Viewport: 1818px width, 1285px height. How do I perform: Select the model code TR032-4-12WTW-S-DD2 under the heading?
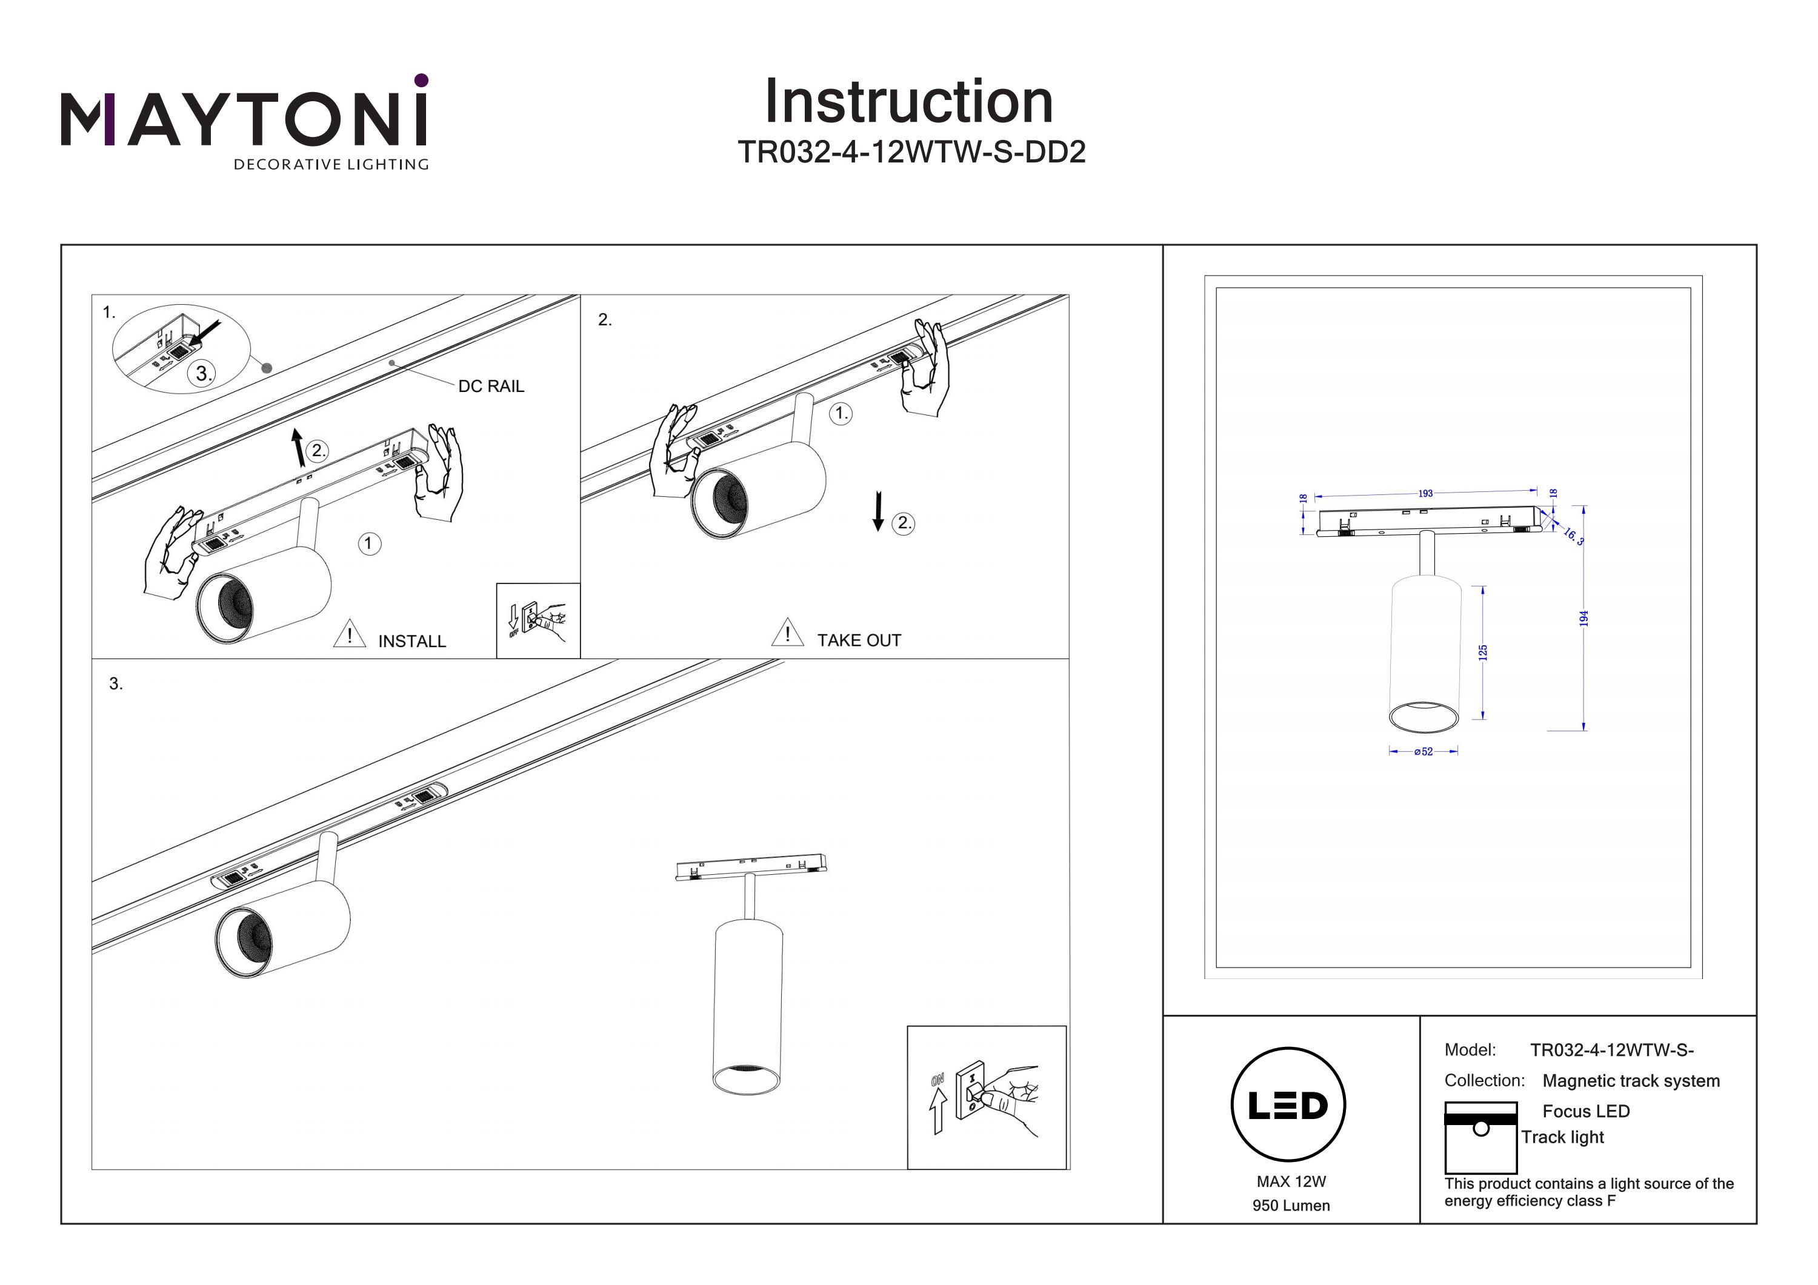[911, 152]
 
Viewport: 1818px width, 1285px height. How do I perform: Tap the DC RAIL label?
[491, 387]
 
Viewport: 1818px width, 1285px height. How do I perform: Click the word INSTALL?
[411, 642]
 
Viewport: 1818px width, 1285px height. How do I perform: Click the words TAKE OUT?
[859, 640]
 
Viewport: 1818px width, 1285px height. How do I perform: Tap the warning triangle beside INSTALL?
[349, 635]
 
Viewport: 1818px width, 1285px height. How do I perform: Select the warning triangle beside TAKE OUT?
[787, 633]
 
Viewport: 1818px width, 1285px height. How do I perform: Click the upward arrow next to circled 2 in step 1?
[298, 447]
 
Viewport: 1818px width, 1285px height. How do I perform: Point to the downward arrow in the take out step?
[877, 511]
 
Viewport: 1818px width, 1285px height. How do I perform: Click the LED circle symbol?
[1288, 1104]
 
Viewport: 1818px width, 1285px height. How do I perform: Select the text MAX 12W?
[1291, 1181]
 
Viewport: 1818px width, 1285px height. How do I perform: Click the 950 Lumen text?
[1291, 1206]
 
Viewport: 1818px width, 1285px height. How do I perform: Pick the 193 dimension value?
[1425, 493]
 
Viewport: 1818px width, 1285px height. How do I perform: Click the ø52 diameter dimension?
[1423, 751]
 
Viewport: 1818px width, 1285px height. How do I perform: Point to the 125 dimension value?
[1482, 652]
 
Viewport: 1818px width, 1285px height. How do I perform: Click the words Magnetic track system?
[1631, 1081]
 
